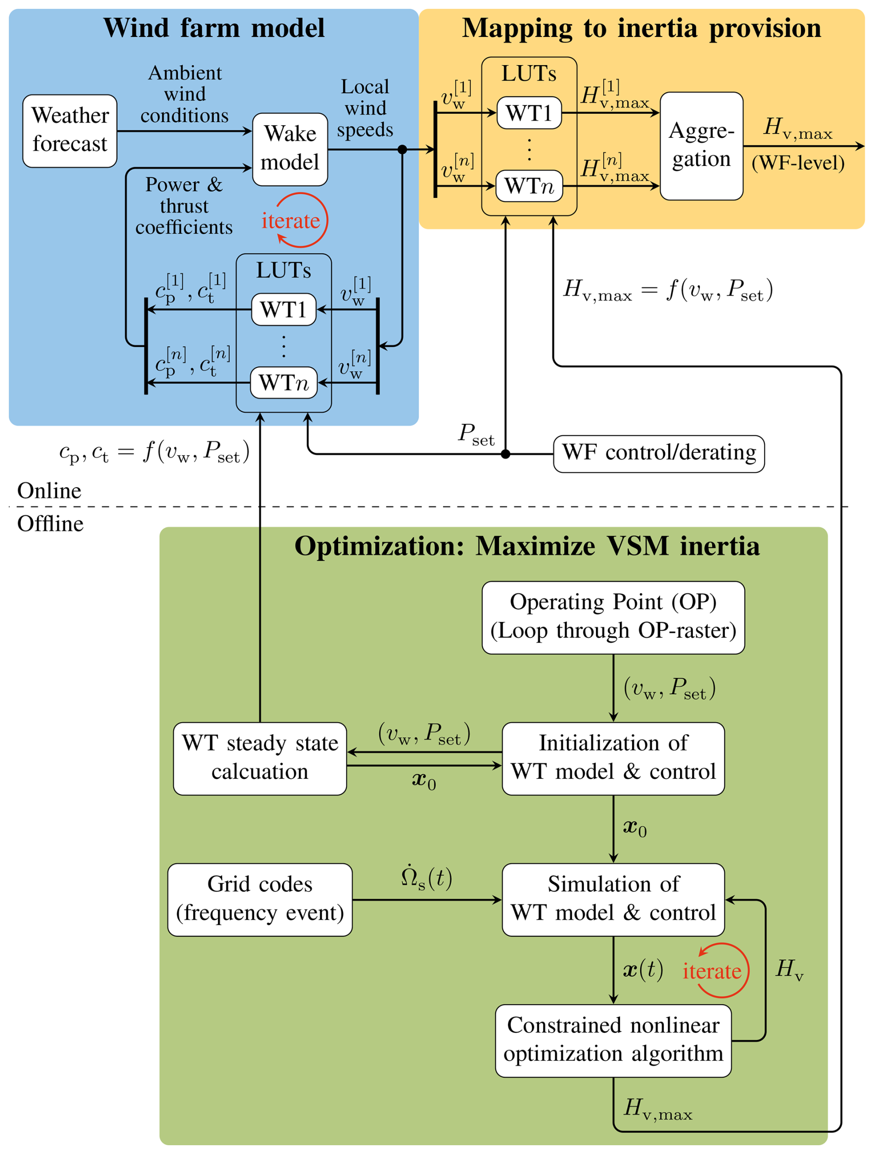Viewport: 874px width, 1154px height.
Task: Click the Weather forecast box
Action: point(70,131)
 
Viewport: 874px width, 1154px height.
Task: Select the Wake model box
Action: point(290,149)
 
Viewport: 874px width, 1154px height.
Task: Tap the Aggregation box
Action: point(701,146)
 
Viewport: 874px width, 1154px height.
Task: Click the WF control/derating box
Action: point(659,453)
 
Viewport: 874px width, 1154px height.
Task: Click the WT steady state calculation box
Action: point(260,758)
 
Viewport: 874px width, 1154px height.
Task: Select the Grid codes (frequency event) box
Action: point(260,899)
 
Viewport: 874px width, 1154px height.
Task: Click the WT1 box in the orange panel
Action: point(529,113)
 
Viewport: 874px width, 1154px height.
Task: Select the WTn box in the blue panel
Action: point(284,382)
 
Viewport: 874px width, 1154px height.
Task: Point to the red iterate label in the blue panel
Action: point(291,221)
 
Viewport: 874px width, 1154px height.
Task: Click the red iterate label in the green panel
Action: point(712,971)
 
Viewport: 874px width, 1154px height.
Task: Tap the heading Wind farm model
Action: point(214,28)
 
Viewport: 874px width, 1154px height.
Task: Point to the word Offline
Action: point(50,524)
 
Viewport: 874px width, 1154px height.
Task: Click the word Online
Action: point(49,491)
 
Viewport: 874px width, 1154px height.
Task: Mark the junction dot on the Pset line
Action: point(505,454)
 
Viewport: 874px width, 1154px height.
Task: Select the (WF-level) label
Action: point(797,163)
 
